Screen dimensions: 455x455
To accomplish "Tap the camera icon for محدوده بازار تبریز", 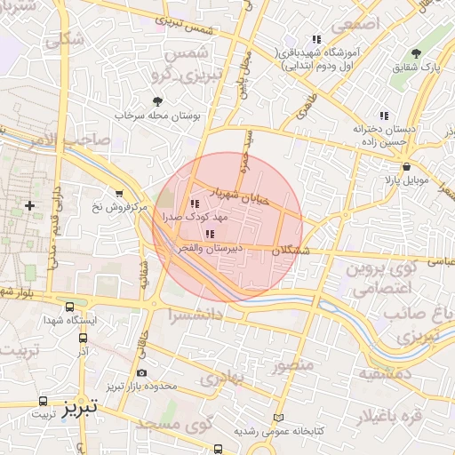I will tap(142, 372).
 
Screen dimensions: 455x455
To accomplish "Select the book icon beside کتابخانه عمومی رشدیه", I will tap(278, 417).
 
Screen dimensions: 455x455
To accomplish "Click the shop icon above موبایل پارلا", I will tap(406, 166).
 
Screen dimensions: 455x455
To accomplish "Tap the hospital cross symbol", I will tap(30, 205).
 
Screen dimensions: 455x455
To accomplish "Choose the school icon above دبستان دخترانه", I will tap(384, 116).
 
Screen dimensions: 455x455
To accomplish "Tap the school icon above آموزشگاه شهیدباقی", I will tap(316, 39).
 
